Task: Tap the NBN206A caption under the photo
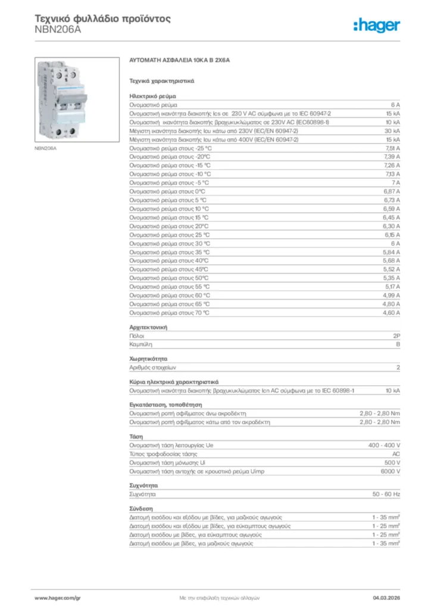pos(45,148)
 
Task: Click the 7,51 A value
pos(392,148)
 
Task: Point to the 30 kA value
pos(392,130)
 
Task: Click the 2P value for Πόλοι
pos(396,336)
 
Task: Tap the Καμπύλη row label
pos(140,344)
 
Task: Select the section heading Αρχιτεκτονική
pos(148,327)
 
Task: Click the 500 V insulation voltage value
pos(392,462)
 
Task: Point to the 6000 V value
pos(390,471)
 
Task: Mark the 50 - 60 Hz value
pos(386,494)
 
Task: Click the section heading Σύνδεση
pos(141,509)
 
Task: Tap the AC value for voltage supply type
pos(396,454)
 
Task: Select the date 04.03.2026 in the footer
pos(386,597)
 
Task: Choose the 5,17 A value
pos(392,287)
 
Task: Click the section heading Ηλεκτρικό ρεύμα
pos(152,95)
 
